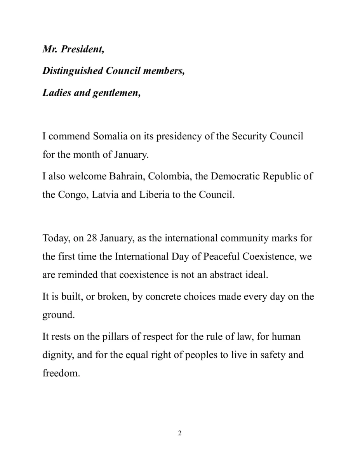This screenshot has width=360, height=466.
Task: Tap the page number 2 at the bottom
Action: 180,444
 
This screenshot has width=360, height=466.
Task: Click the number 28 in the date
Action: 92,238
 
